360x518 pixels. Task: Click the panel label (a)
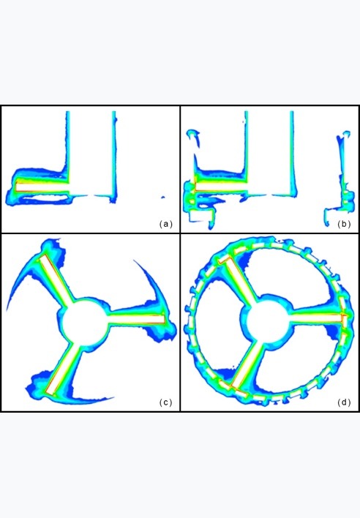coord(166,225)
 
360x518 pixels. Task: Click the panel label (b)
coord(344,225)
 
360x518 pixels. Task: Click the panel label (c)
coord(166,402)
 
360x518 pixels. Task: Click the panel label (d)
coord(344,402)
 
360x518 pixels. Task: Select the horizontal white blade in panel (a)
coord(42,187)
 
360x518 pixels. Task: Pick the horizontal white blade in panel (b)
coord(221,187)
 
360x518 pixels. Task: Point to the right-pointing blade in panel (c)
coord(136,319)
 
